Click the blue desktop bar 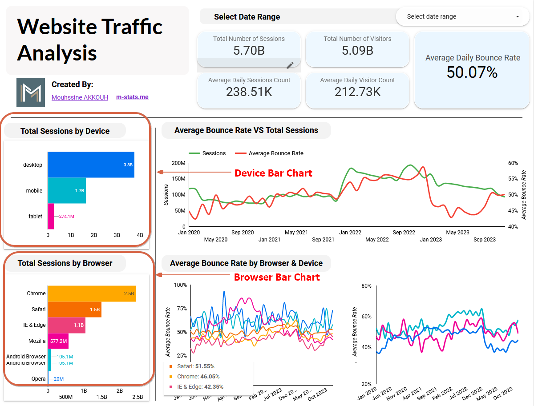pyautogui.click(x=91, y=165)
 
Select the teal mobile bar pyautogui.click(x=67, y=190)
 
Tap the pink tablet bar pyautogui.click(x=51, y=216)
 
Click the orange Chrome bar pyautogui.click(x=91, y=293)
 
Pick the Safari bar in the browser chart pyautogui.click(x=74, y=309)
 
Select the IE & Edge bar pyautogui.click(x=66, y=325)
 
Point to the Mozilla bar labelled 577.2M pyautogui.click(x=58, y=341)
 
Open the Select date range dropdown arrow pyautogui.click(x=518, y=16)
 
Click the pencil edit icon pyautogui.click(x=290, y=65)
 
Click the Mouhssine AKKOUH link pyautogui.click(x=80, y=97)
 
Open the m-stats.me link pyautogui.click(x=132, y=97)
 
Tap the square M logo pyautogui.click(x=31, y=92)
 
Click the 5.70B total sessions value pyautogui.click(x=249, y=51)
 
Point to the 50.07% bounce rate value pyautogui.click(x=472, y=72)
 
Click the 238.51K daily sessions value pyautogui.click(x=249, y=92)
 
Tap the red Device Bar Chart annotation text pyautogui.click(x=273, y=173)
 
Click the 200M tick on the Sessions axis pyautogui.click(x=178, y=163)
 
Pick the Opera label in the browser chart pyautogui.click(x=38, y=379)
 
